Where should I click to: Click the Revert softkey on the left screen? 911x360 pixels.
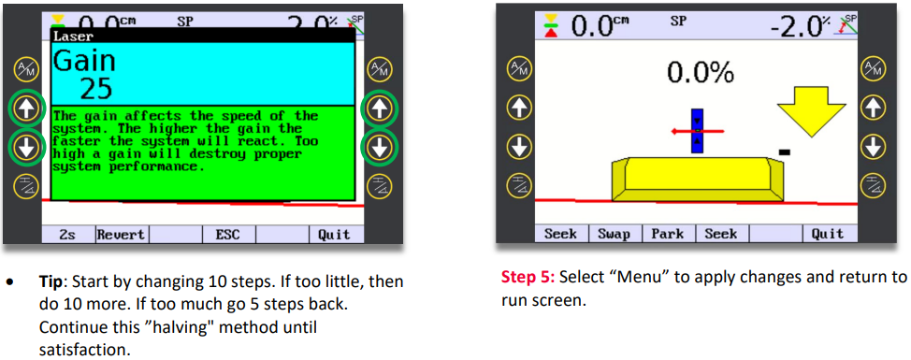[x=121, y=235]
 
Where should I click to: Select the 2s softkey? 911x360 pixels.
[x=68, y=235]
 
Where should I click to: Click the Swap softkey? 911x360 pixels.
[x=615, y=234]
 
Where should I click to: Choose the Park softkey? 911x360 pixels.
[x=668, y=234]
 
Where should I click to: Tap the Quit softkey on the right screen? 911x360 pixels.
[x=828, y=234]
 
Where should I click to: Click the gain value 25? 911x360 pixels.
[x=95, y=89]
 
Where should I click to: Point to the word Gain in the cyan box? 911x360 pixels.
[x=84, y=61]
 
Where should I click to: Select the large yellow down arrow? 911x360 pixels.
[x=811, y=112]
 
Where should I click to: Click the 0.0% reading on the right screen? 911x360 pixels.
[x=701, y=73]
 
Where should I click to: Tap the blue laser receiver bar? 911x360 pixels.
[x=697, y=131]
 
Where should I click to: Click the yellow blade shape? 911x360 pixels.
[x=697, y=179]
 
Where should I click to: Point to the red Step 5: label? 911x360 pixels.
[x=528, y=277]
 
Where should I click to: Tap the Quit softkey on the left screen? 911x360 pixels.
[x=334, y=235]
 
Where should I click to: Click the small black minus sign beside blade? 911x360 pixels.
[x=784, y=152]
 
